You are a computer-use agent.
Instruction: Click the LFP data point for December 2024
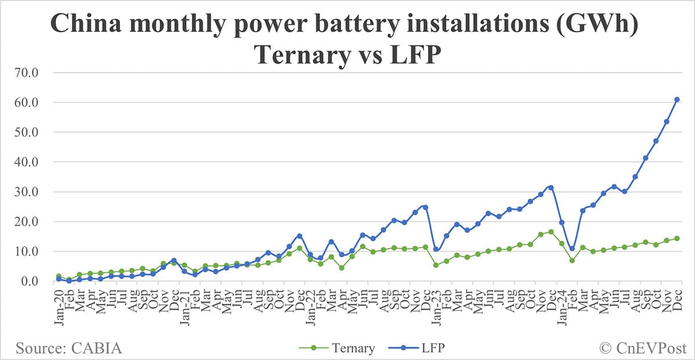pos(676,100)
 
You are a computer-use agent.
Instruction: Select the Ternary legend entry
pos(353,348)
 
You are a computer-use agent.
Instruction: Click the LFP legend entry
pos(431,348)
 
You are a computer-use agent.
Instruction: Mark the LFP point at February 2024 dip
pos(572,249)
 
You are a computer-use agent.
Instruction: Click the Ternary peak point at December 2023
pos(551,232)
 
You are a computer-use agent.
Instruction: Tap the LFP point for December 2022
pos(425,207)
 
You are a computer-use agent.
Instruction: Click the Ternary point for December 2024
pos(676,238)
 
